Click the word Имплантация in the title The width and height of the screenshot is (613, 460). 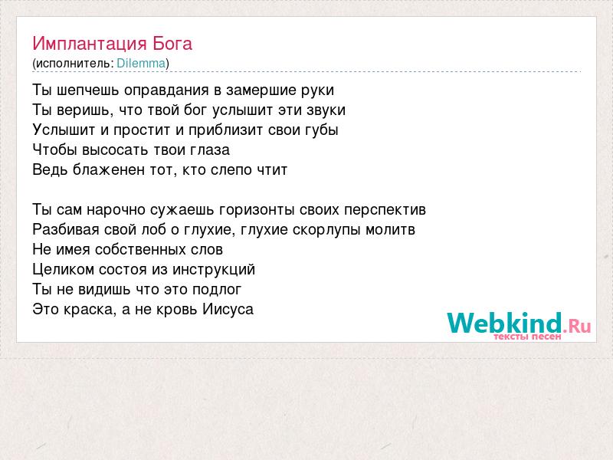90,44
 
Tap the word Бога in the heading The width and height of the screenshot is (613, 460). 172,44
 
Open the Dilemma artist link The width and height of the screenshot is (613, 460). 141,63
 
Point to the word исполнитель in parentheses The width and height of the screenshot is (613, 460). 74,64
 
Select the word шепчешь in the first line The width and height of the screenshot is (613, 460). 88,90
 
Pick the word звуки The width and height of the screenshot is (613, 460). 326,110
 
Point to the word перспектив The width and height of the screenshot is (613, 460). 385,210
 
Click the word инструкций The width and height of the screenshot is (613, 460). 214,270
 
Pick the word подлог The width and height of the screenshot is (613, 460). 217,290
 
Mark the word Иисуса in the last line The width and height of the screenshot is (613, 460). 228,310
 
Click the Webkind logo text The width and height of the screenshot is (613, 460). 505,323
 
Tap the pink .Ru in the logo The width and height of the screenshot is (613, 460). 577,326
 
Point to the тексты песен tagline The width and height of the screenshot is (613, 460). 527,337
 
